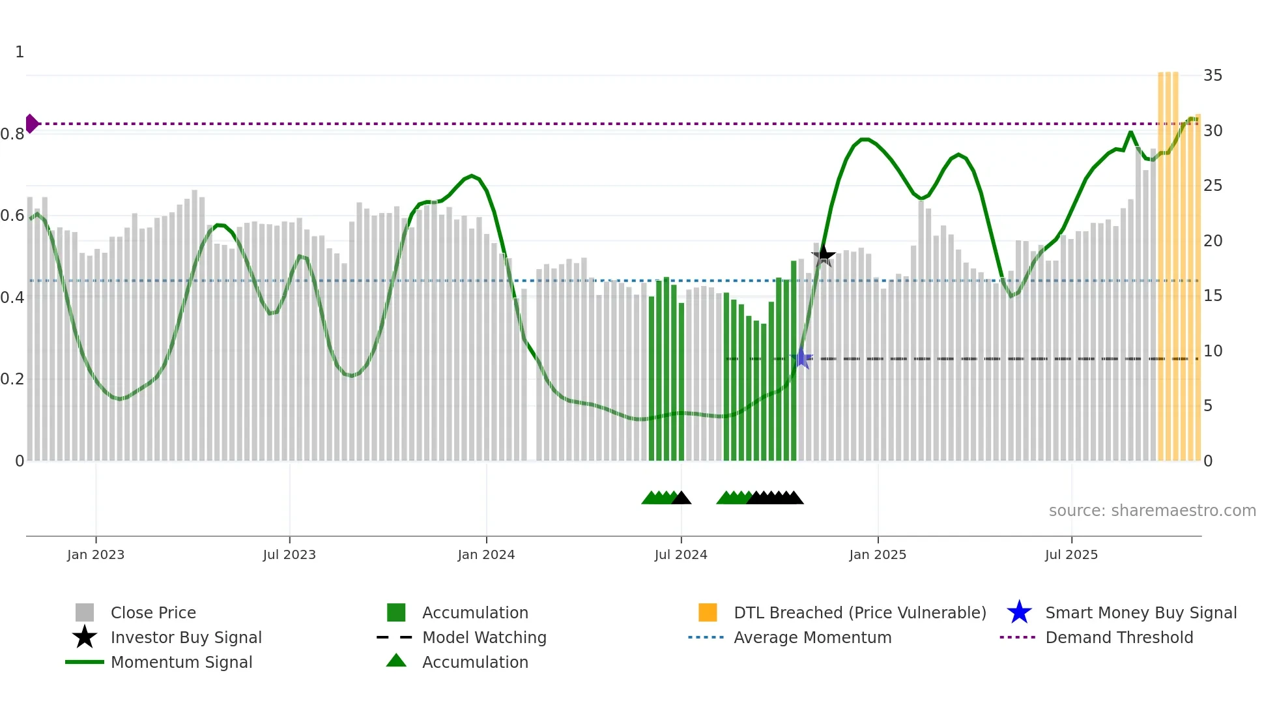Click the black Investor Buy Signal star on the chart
pyautogui.click(x=824, y=255)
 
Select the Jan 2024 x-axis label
pyautogui.click(x=486, y=554)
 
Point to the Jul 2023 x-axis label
pyautogui.click(x=289, y=554)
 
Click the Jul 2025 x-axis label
pyautogui.click(x=1071, y=554)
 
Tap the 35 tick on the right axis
pyautogui.click(x=1212, y=76)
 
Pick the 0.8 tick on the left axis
pyautogui.click(x=12, y=134)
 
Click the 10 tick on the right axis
pyautogui.click(x=1212, y=351)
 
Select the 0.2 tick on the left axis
pyautogui.click(x=12, y=379)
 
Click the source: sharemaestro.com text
pyautogui.click(x=1152, y=511)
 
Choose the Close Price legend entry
pyautogui.click(x=153, y=612)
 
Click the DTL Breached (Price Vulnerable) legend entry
pyautogui.click(x=859, y=612)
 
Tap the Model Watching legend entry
pyautogui.click(x=484, y=637)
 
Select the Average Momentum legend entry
pyautogui.click(x=812, y=637)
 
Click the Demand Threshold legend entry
pyautogui.click(x=1119, y=637)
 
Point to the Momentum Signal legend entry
pyautogui.click(x=181, y=662)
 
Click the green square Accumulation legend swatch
pyautogui.click(x=396, y=612)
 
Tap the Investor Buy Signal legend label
pyautogui.click(x=186, y=637)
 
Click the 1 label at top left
pyautogui.click(x=20, y=52)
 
